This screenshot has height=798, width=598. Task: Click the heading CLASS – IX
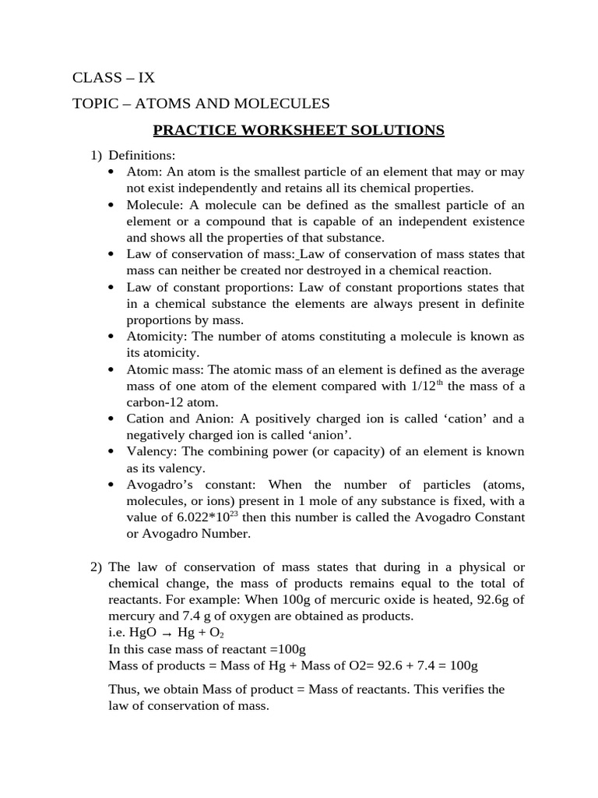pyautogui.click(x=114, y=77)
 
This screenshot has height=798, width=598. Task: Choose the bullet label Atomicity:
pyautogui.click(x=157, y=337)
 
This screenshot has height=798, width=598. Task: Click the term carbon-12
pyautogui.click(x=156, y=403)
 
